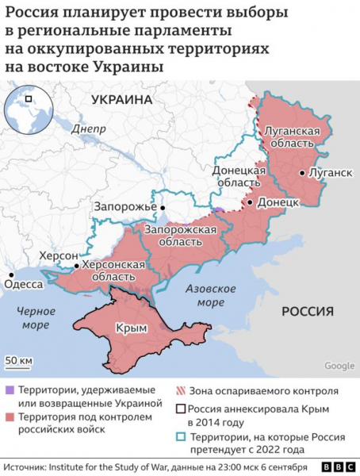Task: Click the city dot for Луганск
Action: pos(301,172)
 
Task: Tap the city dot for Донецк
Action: pos(251,203)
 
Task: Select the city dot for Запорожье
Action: pos(163,207)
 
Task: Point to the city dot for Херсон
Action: pos(77,267)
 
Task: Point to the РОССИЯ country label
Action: pos(308,313)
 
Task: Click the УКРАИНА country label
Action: pos(121,100)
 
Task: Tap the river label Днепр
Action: pos(88,128)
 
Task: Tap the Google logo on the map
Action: pos(339,366)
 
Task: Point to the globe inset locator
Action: pos(29,109)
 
